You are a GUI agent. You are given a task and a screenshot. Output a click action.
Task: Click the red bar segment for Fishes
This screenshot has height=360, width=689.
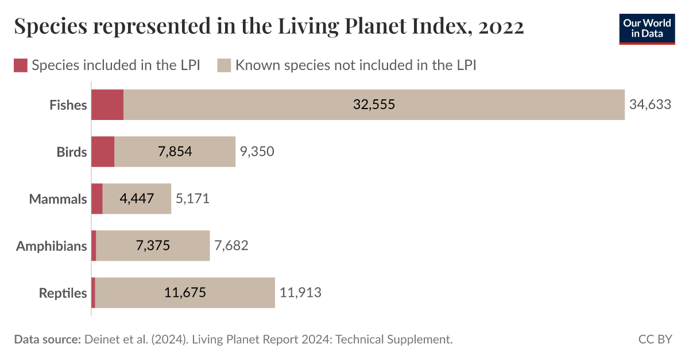coord(107,105)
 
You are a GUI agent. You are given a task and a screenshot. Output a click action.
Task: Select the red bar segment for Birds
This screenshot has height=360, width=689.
coord(103,152)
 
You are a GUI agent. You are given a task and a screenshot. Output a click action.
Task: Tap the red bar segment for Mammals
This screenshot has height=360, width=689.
coord(97,199)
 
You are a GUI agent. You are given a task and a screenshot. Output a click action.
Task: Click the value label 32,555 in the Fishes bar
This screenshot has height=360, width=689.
coord(374,105)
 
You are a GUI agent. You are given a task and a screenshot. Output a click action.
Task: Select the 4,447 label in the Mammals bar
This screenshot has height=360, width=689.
coord(137,199)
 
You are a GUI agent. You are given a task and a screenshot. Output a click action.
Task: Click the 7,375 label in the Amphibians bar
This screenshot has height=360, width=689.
coord(153,246)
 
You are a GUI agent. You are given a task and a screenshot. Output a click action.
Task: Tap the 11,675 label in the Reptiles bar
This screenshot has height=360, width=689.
coord(185,293)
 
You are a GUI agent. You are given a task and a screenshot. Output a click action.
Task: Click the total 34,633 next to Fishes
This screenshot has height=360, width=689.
coord(650,105)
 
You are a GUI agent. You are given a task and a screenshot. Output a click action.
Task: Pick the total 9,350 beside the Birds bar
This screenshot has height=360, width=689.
coord(257,152)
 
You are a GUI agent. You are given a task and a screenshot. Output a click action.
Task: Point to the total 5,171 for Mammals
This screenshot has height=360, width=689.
coord(192,199)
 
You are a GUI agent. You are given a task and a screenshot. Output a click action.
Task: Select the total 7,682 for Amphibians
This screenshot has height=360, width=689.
coord(231,246)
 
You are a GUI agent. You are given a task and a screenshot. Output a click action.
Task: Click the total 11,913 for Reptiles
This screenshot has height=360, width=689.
coord(300,293)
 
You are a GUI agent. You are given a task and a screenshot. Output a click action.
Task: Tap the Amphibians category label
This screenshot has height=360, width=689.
coord(52,246)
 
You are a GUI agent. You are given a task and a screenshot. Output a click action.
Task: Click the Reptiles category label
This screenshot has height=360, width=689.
coord(63,293)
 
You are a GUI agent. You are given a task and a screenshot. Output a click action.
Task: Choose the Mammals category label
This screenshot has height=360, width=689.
coord(58,199)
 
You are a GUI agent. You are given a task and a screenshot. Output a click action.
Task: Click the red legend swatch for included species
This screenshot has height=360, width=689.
coord(21,65)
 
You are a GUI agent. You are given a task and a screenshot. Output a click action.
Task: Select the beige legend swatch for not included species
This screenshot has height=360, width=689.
coord(224,65)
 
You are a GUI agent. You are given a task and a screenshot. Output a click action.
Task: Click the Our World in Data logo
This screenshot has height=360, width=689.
coord(647,28)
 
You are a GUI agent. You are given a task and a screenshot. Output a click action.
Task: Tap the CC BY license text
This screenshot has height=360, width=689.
coord(655,339)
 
